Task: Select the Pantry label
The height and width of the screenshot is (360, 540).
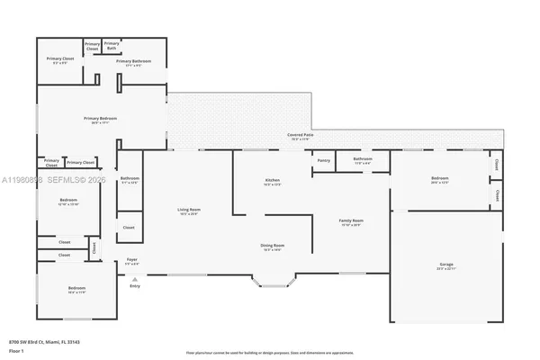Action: (x=324, y=160)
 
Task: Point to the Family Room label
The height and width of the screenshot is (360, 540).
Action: (x=350, y=220)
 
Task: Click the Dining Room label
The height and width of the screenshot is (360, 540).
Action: (x=274, y=245)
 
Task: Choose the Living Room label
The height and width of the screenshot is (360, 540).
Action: (x=188, y=210)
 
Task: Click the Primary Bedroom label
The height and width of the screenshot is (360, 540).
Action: (x=100, y=119)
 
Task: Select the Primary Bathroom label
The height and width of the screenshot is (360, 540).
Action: (x=133, y=61)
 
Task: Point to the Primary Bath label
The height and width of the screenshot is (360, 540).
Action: (x=112, y=45)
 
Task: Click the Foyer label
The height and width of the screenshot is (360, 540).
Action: (x=131, y=260)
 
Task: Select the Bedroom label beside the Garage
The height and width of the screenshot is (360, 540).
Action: (x=439, y=179)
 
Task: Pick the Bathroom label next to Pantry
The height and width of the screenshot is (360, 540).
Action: (x=363, y=159)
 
